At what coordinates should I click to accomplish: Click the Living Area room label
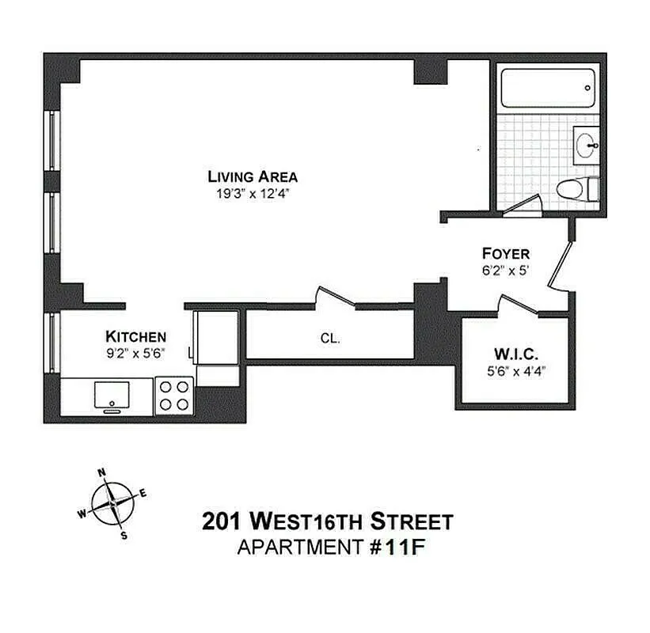[253, 176]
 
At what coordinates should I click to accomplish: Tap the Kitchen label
[135, 336]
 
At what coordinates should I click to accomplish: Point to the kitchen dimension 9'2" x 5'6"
[135, 353]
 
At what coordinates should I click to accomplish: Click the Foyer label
[506, 254]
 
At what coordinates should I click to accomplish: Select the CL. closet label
[330, 339]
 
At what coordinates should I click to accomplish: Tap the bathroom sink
[587, 146]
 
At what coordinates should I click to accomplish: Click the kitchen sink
[112, 394]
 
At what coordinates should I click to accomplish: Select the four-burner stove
[174, 395]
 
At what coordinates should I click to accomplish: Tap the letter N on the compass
[101, 473]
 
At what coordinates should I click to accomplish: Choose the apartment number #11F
[393, 547]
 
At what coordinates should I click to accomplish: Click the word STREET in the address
[412, 521]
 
